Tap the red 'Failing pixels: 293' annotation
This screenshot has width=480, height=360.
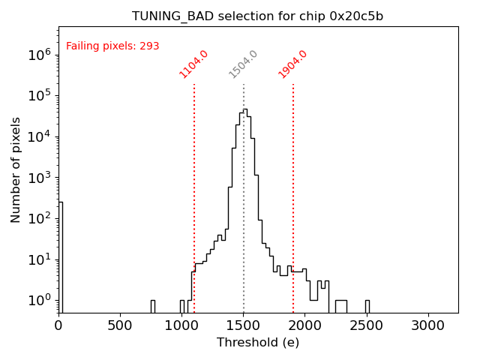click(x=112, y=46)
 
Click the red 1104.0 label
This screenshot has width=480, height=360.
click(x=193, y=64)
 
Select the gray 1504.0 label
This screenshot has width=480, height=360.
click(x=243, y=64)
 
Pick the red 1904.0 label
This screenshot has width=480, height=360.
click(x=293, y=64)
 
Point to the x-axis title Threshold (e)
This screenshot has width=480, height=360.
click(x=258, y=343)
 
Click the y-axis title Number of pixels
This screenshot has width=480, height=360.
click(x=16, y=169)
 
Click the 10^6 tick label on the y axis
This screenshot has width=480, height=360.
click(x=39, y=55)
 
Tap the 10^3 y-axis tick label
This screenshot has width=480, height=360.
click(x=39, y=178)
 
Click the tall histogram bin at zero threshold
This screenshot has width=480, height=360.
click(x=61, y=255)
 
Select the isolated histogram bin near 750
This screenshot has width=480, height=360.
click(x=153, y=306)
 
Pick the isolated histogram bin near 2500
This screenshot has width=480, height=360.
click(x=367, y=306)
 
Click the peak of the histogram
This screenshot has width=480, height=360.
click(x=244, y=110)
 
